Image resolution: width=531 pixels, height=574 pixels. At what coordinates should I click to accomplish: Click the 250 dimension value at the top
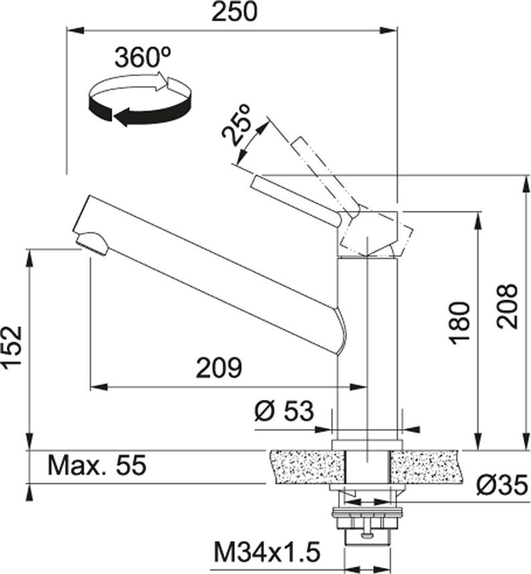[x=235, y=11]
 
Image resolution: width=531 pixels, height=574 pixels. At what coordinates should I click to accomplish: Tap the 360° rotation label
[x=142, y=57]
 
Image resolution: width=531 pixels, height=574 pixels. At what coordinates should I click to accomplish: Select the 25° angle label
[x=237, y=124]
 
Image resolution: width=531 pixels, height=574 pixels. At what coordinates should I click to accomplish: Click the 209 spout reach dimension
[x=219, y=368]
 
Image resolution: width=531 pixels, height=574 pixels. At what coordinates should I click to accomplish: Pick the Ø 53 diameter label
[x=284, y=410]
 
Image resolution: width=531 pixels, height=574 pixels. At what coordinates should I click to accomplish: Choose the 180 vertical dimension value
[x=460, y=323]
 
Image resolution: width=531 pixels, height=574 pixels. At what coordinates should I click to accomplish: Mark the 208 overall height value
[x=507, y=306]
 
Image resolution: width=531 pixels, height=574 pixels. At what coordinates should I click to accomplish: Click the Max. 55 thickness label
[x=97, y=465]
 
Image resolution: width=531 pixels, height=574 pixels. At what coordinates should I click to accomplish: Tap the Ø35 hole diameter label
[x=503, y=485]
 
